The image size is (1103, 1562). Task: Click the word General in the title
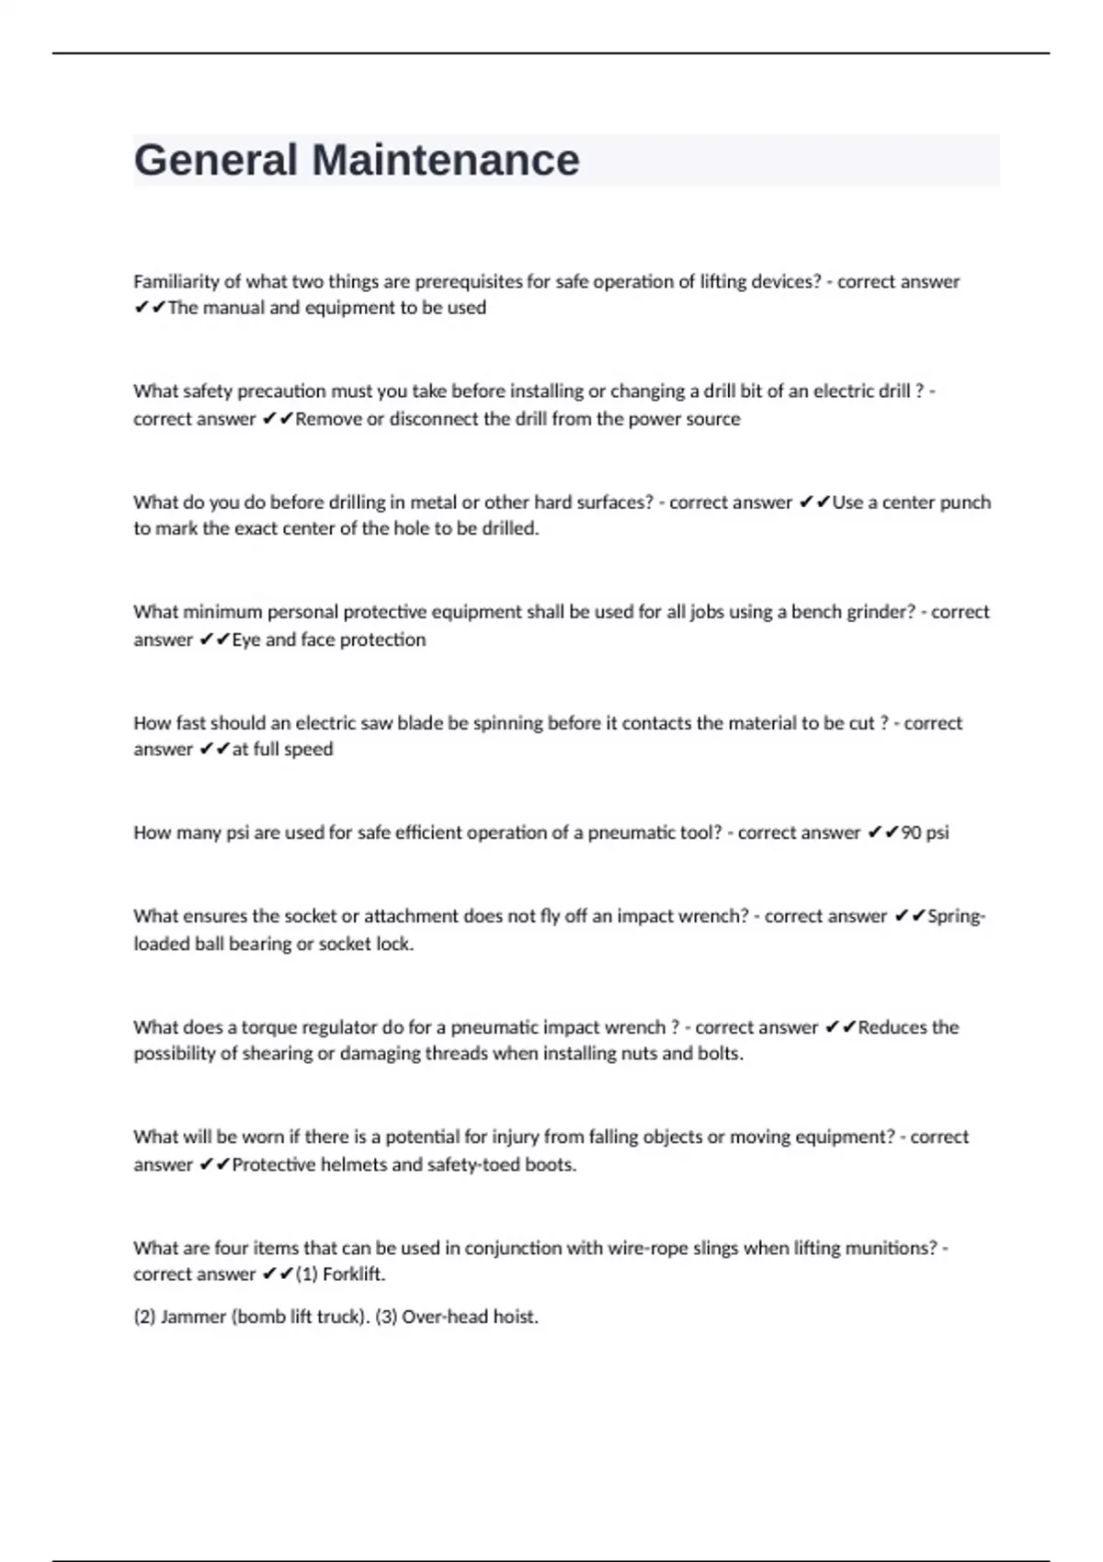point(215,160)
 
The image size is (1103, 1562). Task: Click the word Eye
point(246,640)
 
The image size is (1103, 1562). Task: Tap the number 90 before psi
point(911,833)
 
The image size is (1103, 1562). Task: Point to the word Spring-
point(956,916)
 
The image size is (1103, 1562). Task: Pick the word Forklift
point(354,1274)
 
